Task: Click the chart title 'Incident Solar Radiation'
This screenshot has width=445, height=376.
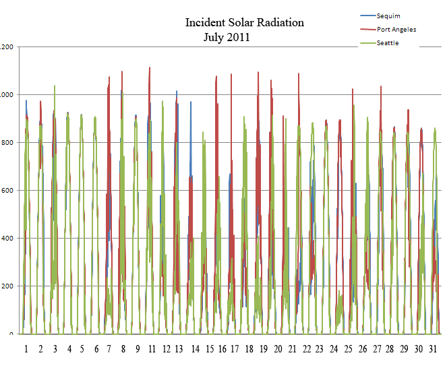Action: pyautogui.click(x=244, y=23)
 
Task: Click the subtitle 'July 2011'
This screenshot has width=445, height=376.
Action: pyautogui.click(x=227, y=38)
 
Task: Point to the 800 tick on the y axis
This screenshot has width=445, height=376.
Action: pyautogui.click(x=7, y=143)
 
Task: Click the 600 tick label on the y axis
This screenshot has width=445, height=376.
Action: pyautogui.click(x=7, y=191)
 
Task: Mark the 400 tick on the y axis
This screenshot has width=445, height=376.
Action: pyautogui.click(x=7, y=239)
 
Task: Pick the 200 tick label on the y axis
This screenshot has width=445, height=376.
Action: pyautogui.click(x=7, y=286)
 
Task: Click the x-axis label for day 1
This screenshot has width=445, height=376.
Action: pyautogui.click(x=26, y=349)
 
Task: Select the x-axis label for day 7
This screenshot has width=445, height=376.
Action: pyautogui.click(x=110, y=349)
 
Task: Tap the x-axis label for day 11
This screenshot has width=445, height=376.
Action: pyautogui.click(x=152, y=349)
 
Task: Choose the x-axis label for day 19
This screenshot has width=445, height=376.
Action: pyautogui.click(x=264, y=349)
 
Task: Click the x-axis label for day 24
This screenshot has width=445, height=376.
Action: pyautogui.click(x=334, y=349)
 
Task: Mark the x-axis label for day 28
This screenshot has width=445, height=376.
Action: pyautogui.click(x=390, y=349)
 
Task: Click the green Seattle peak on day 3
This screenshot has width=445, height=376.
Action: pyautogui.click(x=55, y=86)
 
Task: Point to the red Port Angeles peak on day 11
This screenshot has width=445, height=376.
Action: pyautogui.click(x=150, y=68)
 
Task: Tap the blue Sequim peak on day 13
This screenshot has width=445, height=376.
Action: pyautogui.click(x=177, y=92)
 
